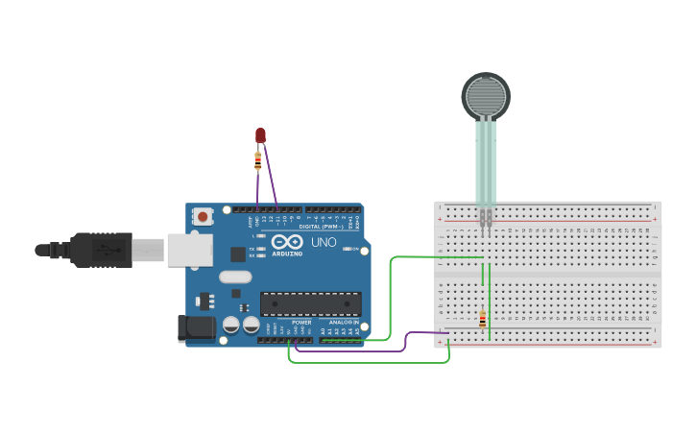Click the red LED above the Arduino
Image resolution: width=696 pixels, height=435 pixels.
(260, 135)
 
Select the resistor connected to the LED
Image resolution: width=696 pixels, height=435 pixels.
(257, 161)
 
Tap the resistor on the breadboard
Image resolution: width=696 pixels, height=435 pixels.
(482, 320)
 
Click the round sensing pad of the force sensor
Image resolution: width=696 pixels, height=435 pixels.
(486, 96)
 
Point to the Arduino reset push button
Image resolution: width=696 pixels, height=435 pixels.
(203, 217)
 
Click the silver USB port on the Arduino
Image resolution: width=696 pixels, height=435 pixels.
(189, 250)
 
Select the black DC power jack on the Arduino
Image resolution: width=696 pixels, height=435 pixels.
(197, 327)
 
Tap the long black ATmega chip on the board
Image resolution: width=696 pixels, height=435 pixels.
(310, 303)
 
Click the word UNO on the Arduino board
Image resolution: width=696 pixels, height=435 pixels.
(323, 242)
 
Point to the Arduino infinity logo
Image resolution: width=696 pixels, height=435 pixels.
(287, 241)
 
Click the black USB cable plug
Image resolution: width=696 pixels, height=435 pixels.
(101, 250)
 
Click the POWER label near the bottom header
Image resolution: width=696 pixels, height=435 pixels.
(301, 322)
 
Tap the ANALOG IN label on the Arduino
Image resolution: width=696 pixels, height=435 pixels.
(343, 322)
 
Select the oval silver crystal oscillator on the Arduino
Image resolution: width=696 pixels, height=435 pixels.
(234, 278)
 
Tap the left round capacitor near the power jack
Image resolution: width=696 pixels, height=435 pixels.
(231, 326)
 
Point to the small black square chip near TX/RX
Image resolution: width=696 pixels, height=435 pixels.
(237, 254)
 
